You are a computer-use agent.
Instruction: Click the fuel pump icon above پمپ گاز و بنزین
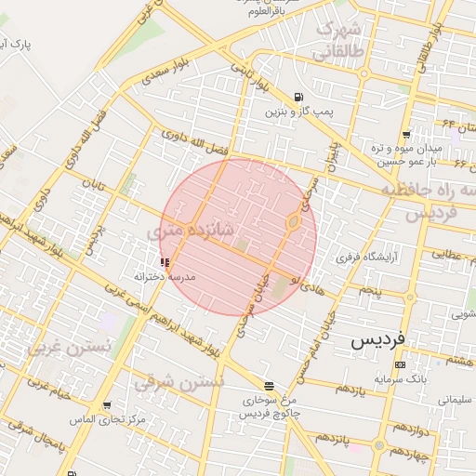coord(297,97)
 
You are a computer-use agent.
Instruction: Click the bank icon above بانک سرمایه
coord(400,364)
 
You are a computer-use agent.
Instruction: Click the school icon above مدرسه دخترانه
coord(165,263)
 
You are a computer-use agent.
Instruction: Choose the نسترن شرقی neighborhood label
coord(178,382)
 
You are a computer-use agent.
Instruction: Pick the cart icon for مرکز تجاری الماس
coord(108,406)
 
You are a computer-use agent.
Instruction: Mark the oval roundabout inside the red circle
coord(292,222)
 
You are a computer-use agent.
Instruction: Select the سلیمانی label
coord(455,400)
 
